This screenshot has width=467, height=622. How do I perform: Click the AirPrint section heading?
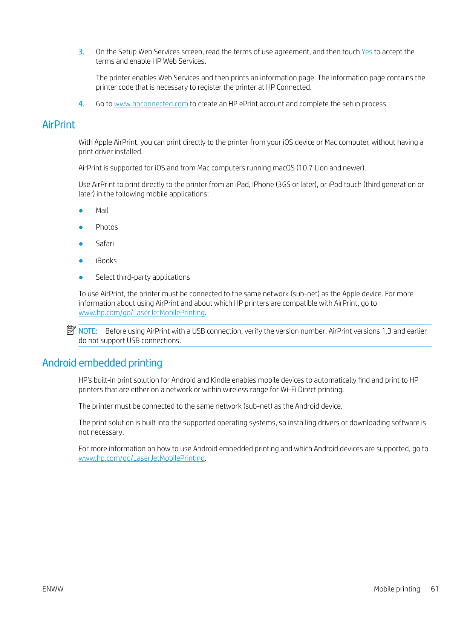tap(58, 125)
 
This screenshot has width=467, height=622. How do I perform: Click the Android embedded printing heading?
tap(102, 363)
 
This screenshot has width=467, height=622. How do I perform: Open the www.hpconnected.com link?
tap(151, 104)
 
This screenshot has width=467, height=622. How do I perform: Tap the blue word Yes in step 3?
tap(367, 52)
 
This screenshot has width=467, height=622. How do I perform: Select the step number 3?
tap(81, 52)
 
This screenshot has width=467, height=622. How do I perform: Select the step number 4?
tap(81, 104)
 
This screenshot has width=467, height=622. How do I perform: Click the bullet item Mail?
tap(102, 211)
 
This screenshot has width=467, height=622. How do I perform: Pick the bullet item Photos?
tap(107, 227)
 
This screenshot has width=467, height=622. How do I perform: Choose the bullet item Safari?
tap(104, 244)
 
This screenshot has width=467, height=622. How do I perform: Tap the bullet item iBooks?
tap(106, 261)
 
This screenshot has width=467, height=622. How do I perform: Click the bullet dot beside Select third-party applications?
tap(81, 277)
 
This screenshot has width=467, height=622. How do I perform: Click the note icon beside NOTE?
tap(71, 331)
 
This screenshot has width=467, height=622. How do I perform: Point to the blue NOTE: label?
tap(88, 331)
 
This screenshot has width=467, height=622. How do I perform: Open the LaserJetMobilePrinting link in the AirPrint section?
tap(141, 313)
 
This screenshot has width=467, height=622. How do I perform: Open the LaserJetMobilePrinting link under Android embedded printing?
tap(141, 458)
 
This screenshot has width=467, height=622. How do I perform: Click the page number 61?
tap(435, 589)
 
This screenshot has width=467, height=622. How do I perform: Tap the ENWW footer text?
tap(53, 589)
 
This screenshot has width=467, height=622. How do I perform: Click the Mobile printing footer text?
tap(397, 589)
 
